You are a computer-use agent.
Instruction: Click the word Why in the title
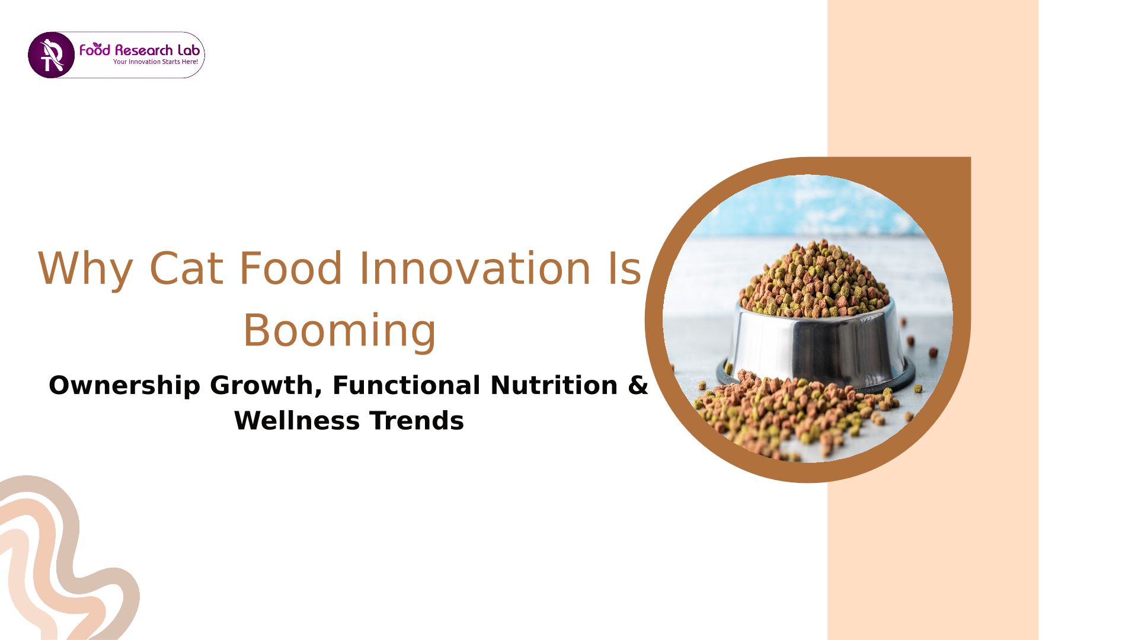click(x=85, y=269)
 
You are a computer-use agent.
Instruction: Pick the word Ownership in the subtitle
click(x=124, y=386)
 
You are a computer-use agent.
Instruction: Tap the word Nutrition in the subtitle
click(x=554, y=385)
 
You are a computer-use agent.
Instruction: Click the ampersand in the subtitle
click(x=638, y=385)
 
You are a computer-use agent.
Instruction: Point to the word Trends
click(x=416, y=421)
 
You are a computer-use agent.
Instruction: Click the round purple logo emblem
click(x=51, y=55)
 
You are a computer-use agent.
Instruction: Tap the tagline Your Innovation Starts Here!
click(x=155, y=62)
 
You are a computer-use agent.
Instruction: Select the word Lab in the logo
click(x=188, y=50)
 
